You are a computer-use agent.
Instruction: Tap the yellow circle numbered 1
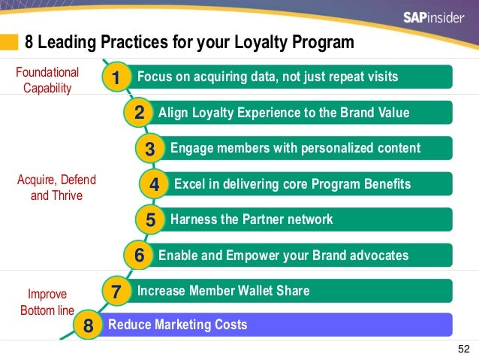tap(116, 77)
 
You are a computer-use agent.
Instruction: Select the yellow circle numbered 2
tap(139, 113)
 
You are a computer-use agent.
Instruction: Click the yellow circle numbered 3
tap(150, 149)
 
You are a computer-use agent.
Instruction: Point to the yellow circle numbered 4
tap(154, 184)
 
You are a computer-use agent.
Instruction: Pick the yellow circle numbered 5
tap(150, 220)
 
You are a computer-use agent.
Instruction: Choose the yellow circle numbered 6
tap(139, 256)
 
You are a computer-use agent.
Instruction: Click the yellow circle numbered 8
tap(89, 326)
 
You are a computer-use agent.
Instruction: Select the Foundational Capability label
tap(47, 80)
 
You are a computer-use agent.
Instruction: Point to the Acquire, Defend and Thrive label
tap(51, 188)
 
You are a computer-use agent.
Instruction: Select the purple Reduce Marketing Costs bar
tap(278, 325)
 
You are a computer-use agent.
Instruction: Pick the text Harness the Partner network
tap(252, 220)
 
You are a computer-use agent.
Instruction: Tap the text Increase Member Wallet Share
tap(222, 291)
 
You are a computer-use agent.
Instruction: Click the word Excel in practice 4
tap(188, 184)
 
